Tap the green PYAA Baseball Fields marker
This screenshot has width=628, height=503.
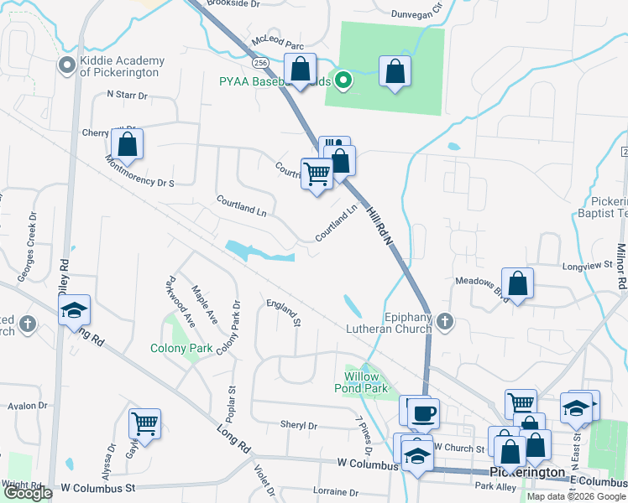(x=343, y=80)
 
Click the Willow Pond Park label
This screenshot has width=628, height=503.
(x=366, y=382)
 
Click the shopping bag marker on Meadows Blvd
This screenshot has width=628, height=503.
(x=519, y=283)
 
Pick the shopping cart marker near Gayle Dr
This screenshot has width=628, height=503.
(x=145, y=424)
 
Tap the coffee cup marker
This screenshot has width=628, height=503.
(x=423, y=412)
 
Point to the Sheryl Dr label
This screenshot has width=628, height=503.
(x=298, y=426)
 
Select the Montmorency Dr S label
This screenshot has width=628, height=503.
(x=139, y=171)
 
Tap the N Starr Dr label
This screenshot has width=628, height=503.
(x=127, y=96)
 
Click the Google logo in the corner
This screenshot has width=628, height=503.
(x=28, y=493)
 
